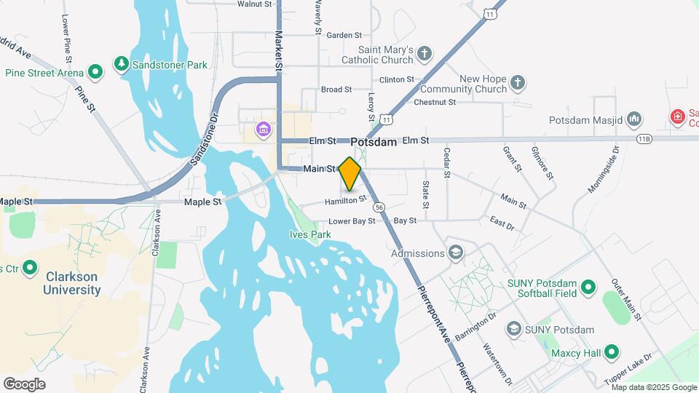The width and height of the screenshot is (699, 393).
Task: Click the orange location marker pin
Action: click(x=350, y=173)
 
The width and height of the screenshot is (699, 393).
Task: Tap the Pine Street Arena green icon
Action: click(x=94, y=72)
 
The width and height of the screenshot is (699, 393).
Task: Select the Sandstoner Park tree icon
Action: click(x=121, y=65)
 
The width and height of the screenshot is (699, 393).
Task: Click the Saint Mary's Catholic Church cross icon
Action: click(x=424, y=53)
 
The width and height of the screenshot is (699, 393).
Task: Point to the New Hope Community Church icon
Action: click(x=518, y=82)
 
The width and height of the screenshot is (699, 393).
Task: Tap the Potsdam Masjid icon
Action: click(x=634, y=118)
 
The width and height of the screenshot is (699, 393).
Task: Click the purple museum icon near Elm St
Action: click(x=262, y=130)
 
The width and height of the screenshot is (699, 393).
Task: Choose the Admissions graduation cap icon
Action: click(x=457, y=253)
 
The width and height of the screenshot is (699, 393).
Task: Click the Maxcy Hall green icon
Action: click(x=612, y=354)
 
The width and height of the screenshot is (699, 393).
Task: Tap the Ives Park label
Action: click(x=309, y=234)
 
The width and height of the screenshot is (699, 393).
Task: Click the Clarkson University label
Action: click(x=73, y=283)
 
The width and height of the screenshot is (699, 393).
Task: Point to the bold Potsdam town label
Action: click(x=374, y=143)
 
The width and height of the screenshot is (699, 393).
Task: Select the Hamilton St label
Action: click(x=345, y=199)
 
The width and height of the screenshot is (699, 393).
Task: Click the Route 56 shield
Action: click(x=379, y=207)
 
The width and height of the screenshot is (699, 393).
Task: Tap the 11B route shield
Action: click(x=643, y=138)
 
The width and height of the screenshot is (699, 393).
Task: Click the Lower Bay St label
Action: click(x=352, y=221)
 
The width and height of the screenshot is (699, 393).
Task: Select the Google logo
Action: click(x=24, y=384)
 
